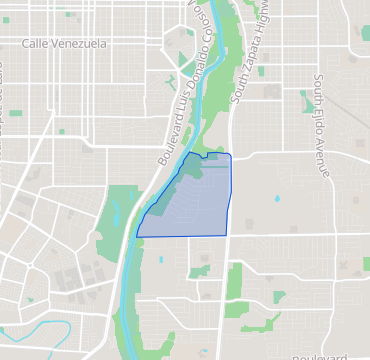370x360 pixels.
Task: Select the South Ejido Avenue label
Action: point(321,124)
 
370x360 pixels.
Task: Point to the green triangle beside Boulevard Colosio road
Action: point(184,41)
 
